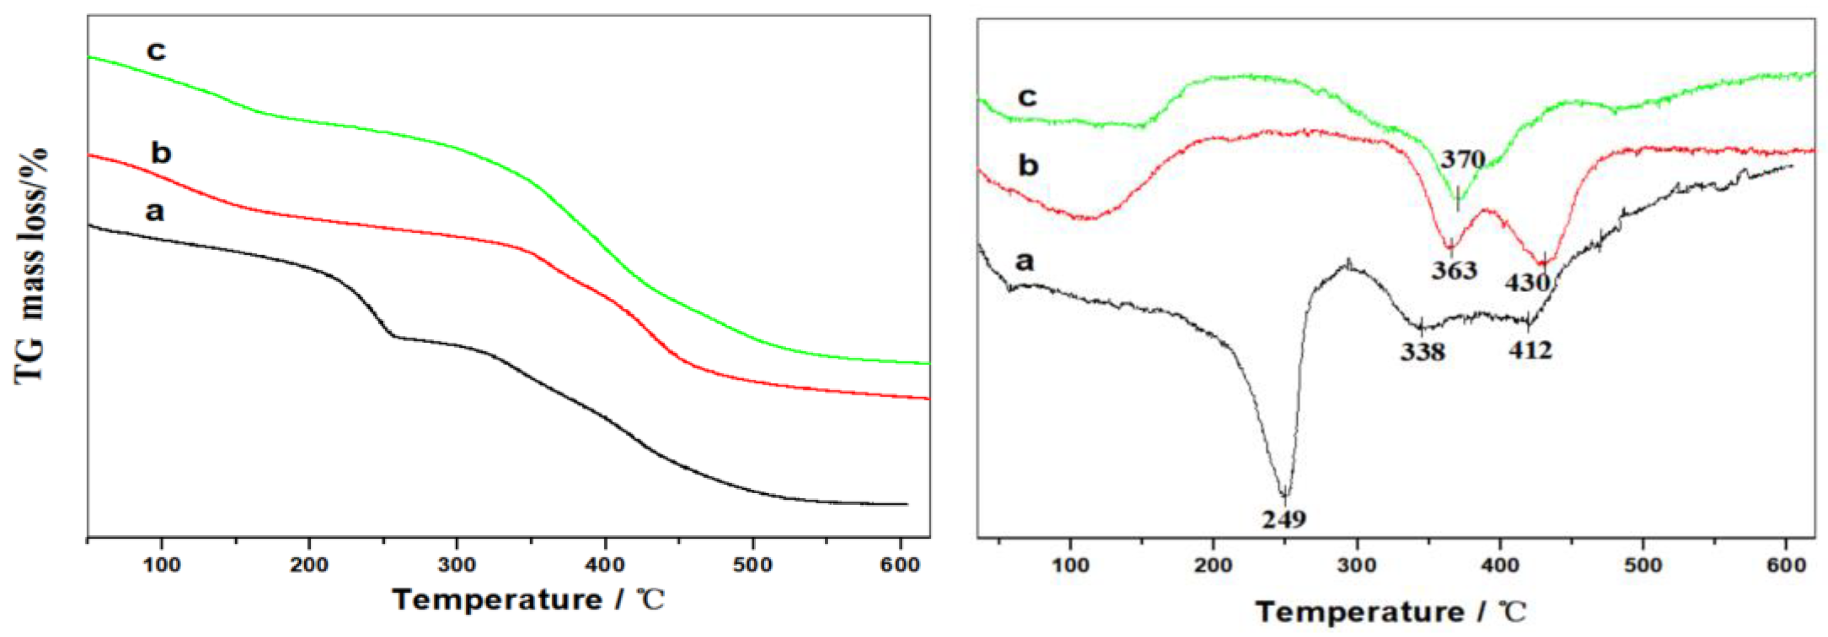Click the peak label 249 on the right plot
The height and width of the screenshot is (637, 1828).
click(x=1284, y=518)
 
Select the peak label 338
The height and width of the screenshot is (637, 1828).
click(x=1422, y=352)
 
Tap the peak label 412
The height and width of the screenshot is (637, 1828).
click(x=1531, y=349)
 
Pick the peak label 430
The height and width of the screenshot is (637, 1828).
click(x=1527, y=283)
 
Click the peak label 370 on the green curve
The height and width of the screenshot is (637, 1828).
click(x=1463, y=159)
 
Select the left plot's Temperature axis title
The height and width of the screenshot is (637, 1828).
click(x=528, y=600)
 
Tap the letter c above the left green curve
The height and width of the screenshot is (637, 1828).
click(x=156, y=51)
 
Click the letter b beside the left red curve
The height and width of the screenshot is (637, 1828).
click(x=161, y=153)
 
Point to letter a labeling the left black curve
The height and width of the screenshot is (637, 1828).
click(x=155, y=211)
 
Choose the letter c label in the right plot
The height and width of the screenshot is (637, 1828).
click(x=1027, y=97)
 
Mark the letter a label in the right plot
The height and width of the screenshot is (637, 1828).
click(x=1025, y=261)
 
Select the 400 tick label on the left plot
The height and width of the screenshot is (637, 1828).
click(x=605, y=565)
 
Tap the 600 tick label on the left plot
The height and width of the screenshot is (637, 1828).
click(x=900, y=565)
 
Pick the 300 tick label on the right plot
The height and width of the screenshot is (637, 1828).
click(x=1356, y=566)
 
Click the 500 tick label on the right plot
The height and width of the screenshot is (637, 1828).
click(x=1643, y=566)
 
